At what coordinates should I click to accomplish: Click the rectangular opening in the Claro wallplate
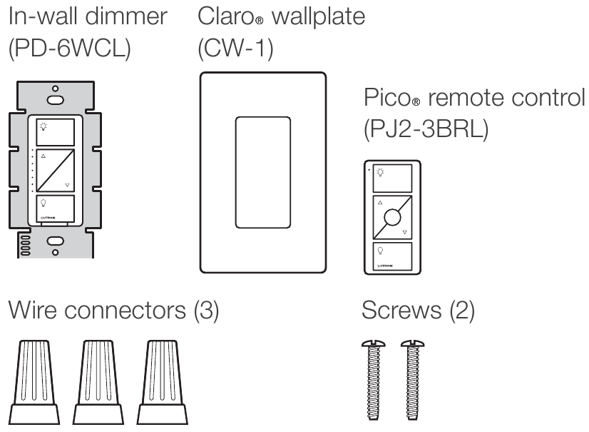pos(263,171)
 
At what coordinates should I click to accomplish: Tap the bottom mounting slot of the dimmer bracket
pos(53,241)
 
